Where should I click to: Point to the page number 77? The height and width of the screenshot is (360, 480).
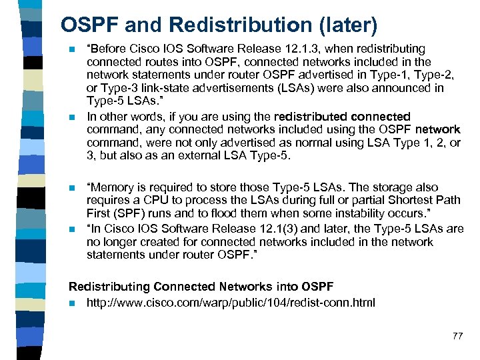point(457,335)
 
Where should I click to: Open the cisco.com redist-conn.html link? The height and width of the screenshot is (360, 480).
point(231,303)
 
